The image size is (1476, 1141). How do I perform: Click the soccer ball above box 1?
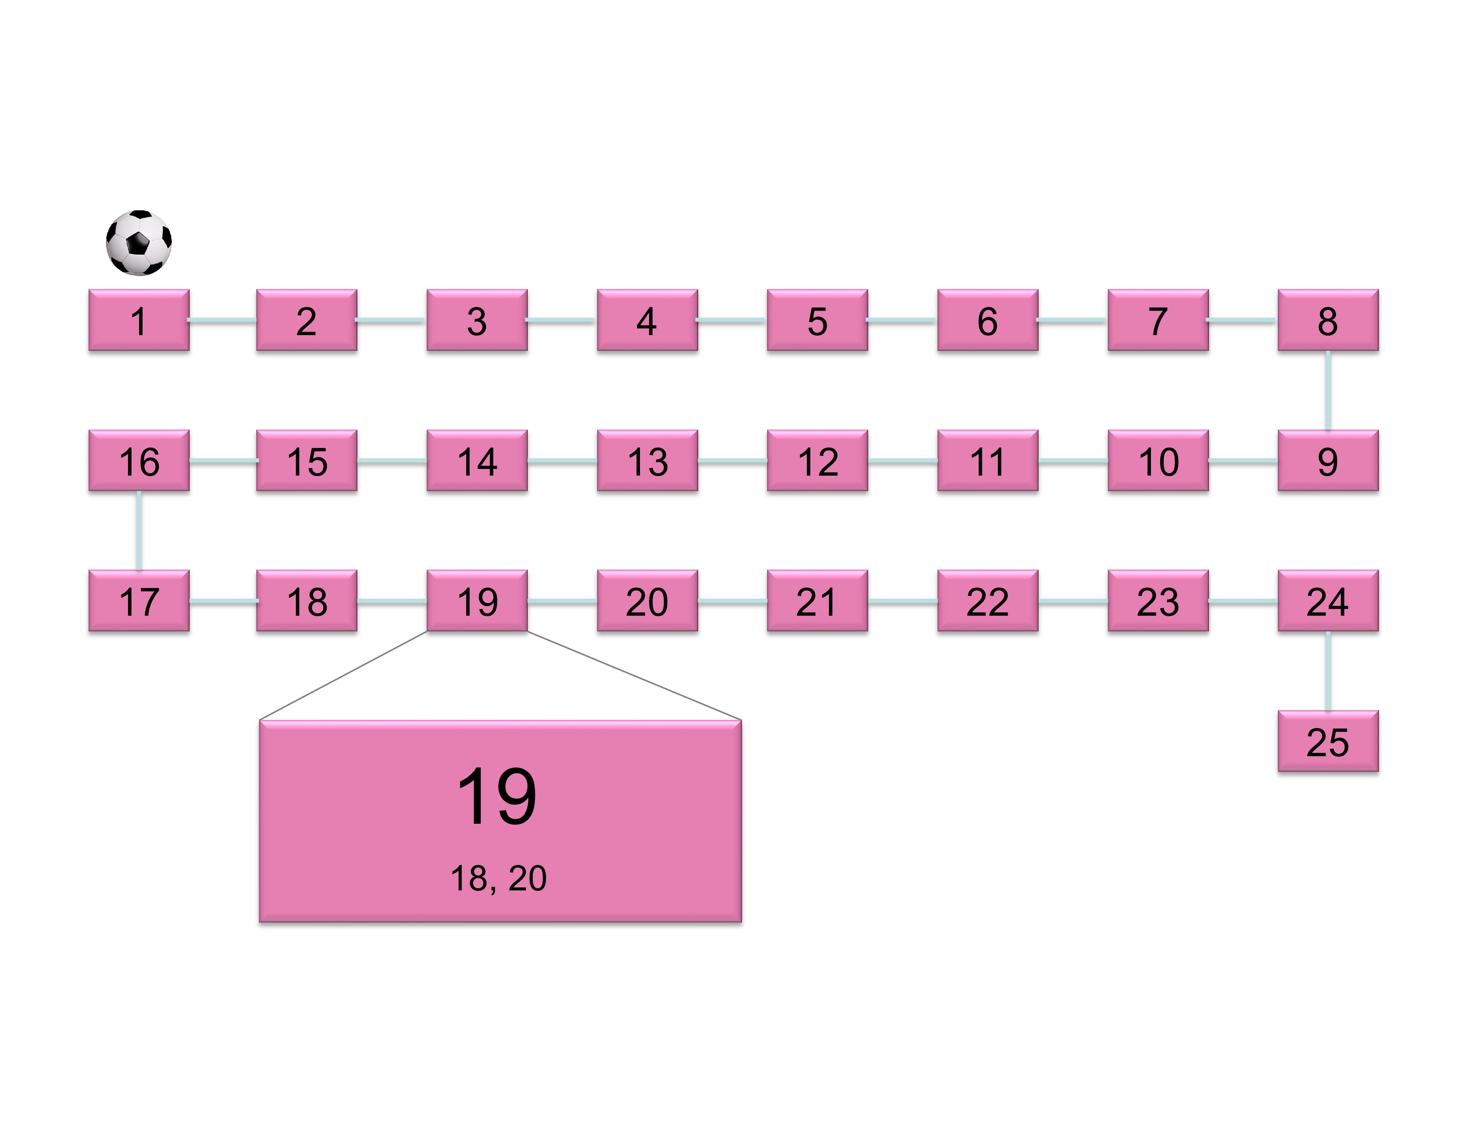tap(139, 243)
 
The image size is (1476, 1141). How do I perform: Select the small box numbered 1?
tap(139, 320)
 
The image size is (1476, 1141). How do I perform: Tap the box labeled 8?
tap(1328, 320)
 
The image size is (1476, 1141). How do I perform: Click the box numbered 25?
tap(1328, 741)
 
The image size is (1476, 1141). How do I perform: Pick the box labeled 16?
tap(139, 461)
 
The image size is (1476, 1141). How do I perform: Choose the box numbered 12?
tap(817, 461)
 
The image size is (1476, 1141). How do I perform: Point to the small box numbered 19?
tap(477, 601)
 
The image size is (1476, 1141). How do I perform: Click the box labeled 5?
tap(817, 320)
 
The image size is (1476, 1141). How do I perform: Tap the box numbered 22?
tap(988, 601)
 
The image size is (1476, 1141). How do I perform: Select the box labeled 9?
tap(1328, 461)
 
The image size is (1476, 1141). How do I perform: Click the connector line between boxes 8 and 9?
tap(1328, 391)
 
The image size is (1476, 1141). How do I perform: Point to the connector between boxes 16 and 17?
tap(139, 531)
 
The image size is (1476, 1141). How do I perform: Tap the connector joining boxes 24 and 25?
tap(1328, 671)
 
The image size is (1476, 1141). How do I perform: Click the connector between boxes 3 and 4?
tap(562, 320)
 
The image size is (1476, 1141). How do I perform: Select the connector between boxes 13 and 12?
tap(732, 461)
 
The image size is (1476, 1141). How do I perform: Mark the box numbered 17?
tap(139, 601)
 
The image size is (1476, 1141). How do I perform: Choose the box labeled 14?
tap(477, 461)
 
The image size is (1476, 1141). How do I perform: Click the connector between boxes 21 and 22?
tap(903, 601)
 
